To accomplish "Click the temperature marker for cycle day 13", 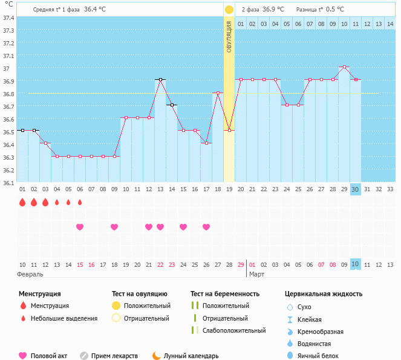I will [160, 79].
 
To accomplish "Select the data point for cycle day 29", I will [344, 67].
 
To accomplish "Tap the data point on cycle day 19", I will [229, 130].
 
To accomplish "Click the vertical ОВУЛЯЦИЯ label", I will [229, 36].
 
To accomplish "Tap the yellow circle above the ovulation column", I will [229, 10].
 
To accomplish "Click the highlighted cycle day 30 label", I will [355, 189].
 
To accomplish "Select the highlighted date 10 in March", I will [355, 264].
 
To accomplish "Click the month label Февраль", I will [31, 274].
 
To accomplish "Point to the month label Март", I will [256, 274].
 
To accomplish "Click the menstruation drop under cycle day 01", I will [22, 202].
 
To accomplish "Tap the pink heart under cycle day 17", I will [206, 227].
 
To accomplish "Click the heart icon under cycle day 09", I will [114, 227].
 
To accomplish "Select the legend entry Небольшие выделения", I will [64, 318].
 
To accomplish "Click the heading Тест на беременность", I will [225, 293].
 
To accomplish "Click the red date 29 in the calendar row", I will [241, 264].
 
